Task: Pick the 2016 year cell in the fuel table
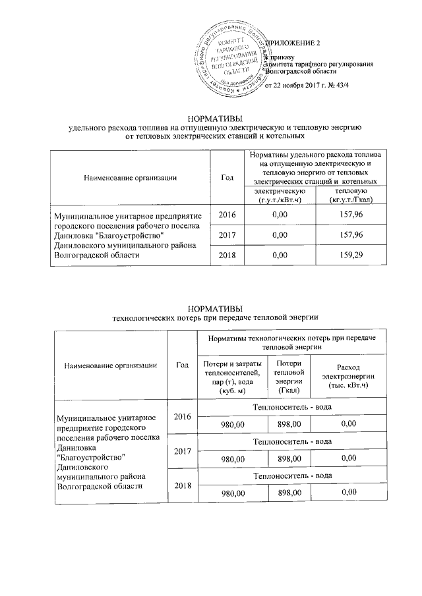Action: click(x=227, y=214)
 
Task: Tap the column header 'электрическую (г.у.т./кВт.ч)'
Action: click(x=280, y=195)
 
